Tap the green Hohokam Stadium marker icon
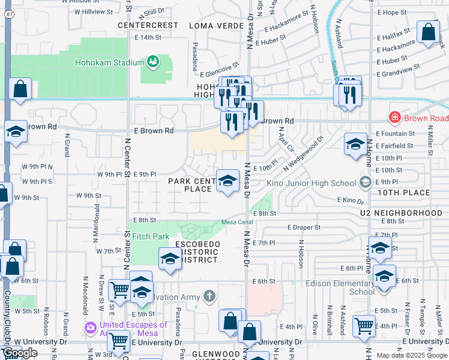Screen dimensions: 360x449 point(154,61)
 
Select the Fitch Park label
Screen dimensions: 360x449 point(151,236)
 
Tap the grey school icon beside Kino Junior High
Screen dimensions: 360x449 point(366,182)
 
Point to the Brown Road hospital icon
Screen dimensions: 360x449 point(395,118)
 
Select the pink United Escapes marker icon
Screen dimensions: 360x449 point(91,328)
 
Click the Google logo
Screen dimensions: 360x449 point(20,353)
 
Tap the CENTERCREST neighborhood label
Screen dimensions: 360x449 point(148,25)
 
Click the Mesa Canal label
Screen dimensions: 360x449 point(236,222)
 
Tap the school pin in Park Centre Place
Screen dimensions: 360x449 point(228,180)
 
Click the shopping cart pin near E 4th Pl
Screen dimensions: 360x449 point(364,325)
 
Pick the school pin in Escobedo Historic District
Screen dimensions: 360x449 point(170,259)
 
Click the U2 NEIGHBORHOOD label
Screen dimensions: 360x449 point(393,213)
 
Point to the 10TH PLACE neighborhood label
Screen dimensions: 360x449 point(403,193)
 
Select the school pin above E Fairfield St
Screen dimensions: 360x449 point(355,144)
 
